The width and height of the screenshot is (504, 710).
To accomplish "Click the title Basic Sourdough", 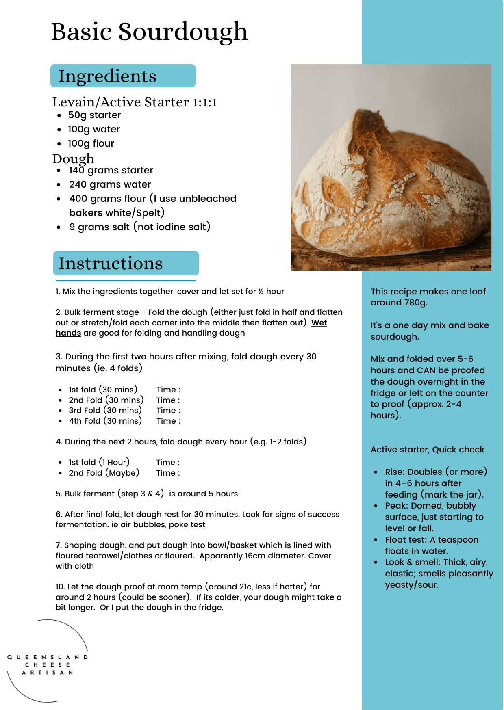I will point(149,32).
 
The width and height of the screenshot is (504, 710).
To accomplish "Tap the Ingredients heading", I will point(107,76).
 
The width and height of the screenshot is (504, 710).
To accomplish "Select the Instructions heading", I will point(110,264).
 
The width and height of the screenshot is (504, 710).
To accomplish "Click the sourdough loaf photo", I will point(391,167).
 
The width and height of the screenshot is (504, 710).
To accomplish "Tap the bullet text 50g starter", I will point(94,115).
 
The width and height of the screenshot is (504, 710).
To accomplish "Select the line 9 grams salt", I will point(139,227).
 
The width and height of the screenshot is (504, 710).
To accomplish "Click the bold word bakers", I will point(86,213).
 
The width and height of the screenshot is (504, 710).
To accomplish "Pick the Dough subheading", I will point(73,158).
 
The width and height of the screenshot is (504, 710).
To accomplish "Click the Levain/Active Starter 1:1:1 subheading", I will point(135,102).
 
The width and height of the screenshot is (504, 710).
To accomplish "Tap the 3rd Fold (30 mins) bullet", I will point(105,411).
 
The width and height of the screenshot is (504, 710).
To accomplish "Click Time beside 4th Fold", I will point(168,421).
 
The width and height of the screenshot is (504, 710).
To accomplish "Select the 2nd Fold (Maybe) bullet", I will point(104,473).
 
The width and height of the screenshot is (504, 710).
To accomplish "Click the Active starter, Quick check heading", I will point(427,450).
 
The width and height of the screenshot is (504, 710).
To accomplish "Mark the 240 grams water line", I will point(110,185).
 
